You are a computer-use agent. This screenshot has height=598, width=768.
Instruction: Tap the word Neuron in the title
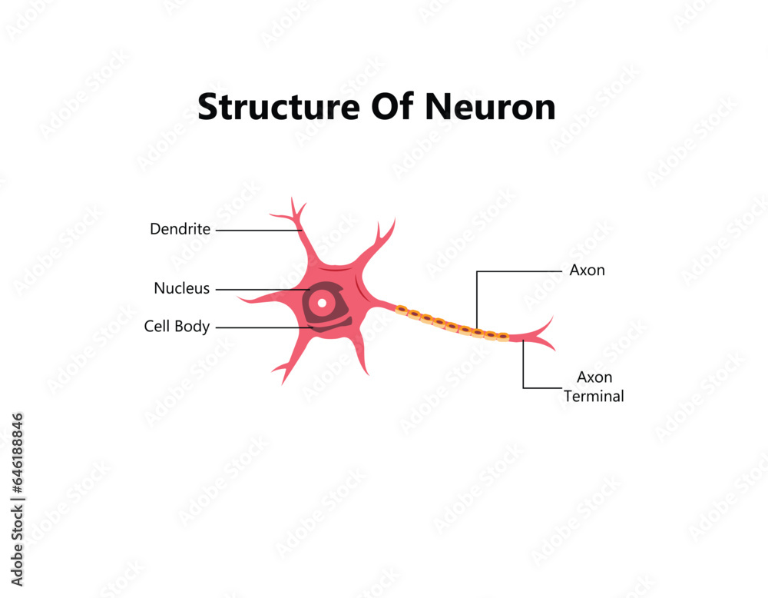[x=491, y=107]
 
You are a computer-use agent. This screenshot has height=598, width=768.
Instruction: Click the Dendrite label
[x=180, y=229]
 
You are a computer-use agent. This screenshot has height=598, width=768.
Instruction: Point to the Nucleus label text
[x=181, y=289]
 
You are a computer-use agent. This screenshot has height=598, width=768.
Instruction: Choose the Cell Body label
[x=177, y=327]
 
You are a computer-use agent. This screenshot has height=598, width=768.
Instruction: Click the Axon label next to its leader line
[x=587, y=271]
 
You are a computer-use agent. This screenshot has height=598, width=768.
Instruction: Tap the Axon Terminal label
[x=594, y=387]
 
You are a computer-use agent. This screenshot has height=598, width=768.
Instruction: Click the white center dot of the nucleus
[x=323, y=302]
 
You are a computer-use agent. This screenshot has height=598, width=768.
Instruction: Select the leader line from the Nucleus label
[x=257, y=290]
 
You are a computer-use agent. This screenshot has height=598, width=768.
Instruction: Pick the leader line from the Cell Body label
[x=261, y=327]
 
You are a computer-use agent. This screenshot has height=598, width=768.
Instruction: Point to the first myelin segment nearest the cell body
[x=401, y=310]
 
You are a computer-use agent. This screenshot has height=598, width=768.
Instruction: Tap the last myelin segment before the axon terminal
[x=502, y=336]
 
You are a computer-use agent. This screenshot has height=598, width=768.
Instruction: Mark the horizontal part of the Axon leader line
[x=519, y=271]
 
